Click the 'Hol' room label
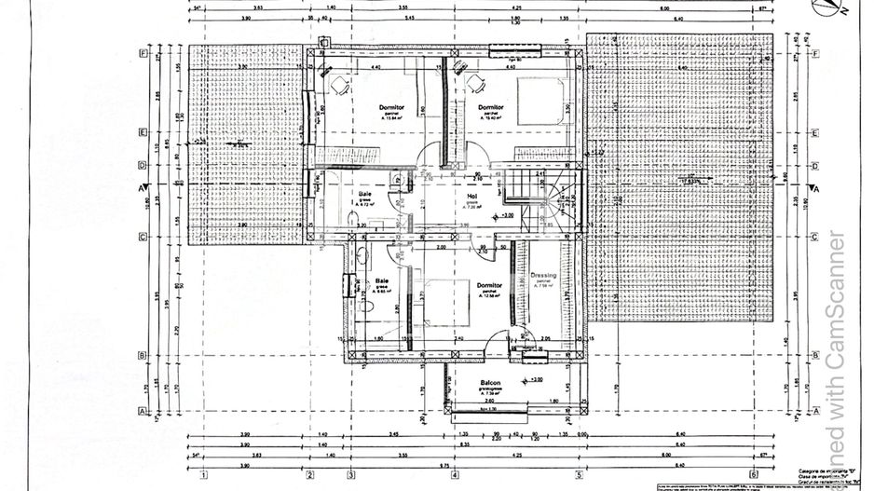(x=471, y=197)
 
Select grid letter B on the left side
(x=141, y=355)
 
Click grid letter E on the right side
(x=816, y=132)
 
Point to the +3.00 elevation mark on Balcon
(x=535, y=380)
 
